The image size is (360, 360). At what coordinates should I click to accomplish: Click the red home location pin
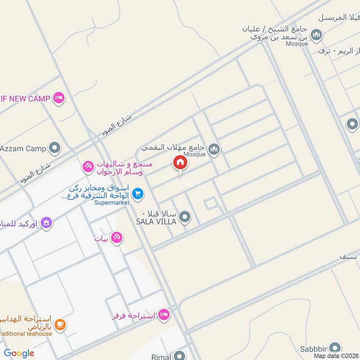coord(180,162)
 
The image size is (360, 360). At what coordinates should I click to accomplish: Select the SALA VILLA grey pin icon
coord(184,218)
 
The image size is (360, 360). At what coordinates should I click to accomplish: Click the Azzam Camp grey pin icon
coord(55,148)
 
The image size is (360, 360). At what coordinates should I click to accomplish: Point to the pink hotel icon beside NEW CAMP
coord(58,98)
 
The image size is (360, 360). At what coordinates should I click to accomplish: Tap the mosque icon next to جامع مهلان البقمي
coord(214,148)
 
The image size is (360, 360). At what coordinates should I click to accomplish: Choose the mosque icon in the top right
coord(317,35)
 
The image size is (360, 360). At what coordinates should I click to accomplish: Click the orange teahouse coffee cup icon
coord(60,324)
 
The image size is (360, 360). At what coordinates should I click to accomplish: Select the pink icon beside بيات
coord(117,237)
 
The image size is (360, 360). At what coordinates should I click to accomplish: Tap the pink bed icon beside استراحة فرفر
coord(164,315)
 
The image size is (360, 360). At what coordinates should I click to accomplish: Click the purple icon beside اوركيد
coord(46,222)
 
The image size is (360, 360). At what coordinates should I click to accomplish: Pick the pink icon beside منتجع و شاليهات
coord(88,166)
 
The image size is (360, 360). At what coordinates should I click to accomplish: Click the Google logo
coord(19,354)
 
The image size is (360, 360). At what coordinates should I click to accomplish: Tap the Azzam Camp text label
coord(23,148)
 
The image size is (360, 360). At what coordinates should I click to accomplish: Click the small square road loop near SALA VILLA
coord(210,204)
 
